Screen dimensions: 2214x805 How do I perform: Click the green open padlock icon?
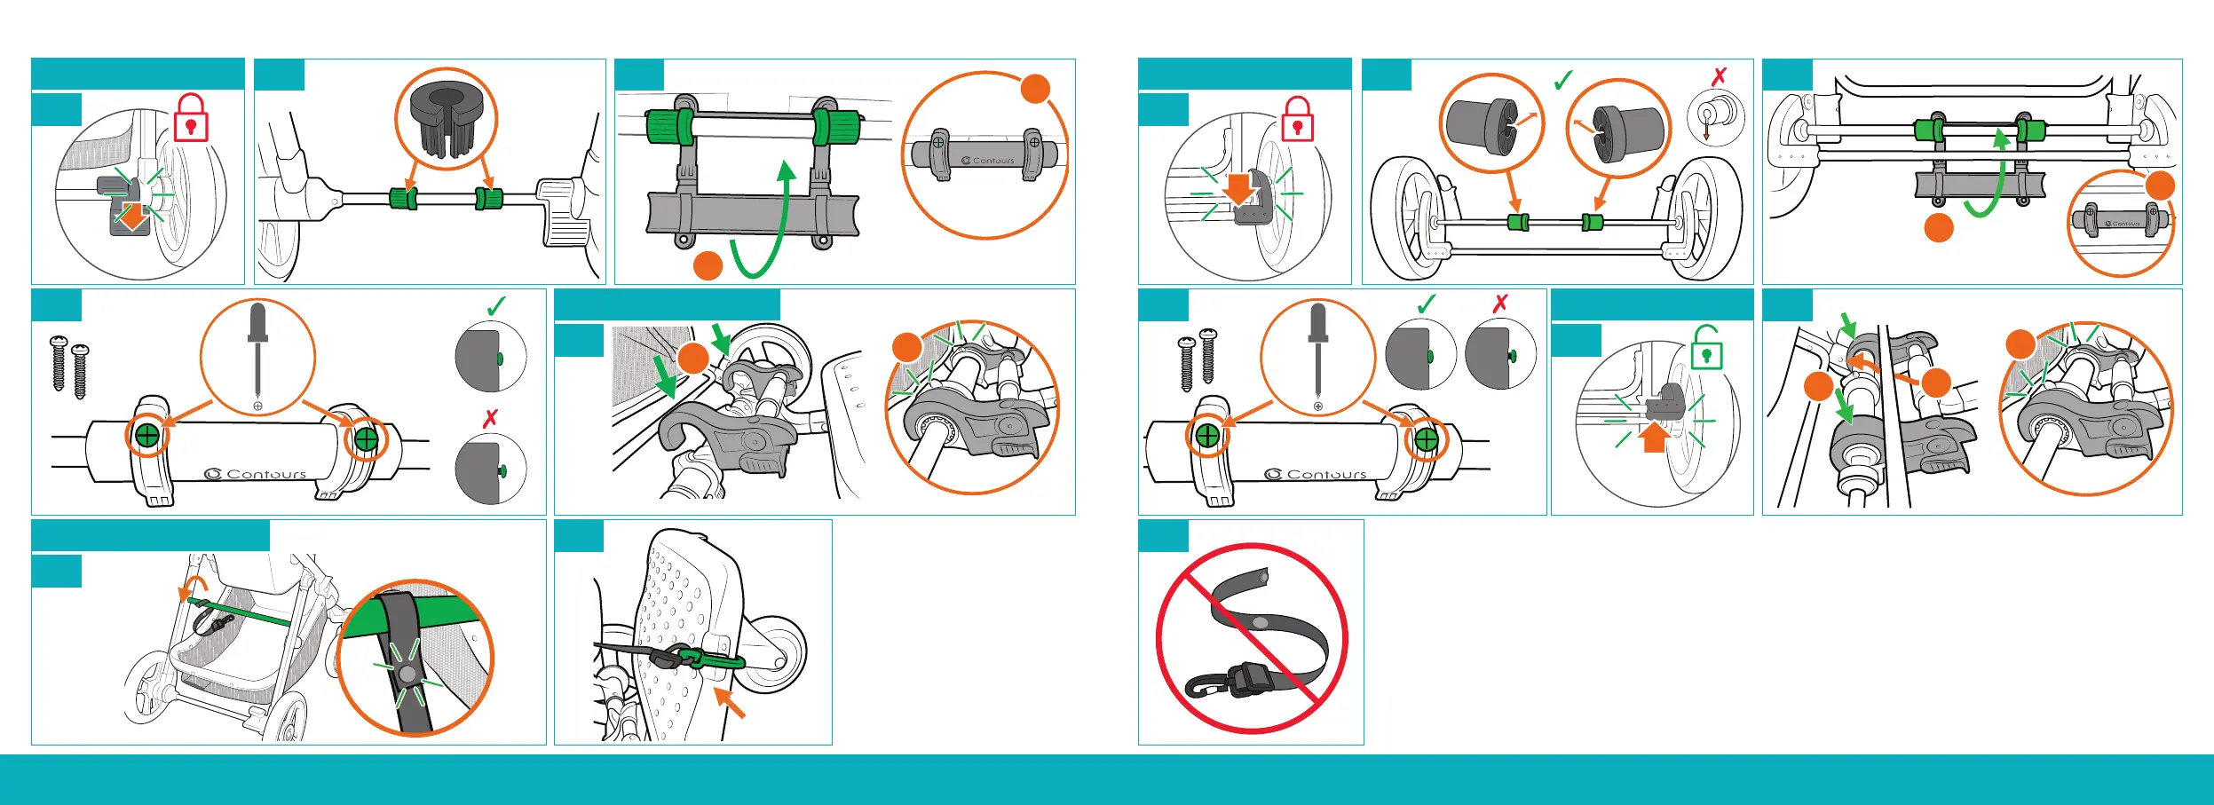pyautogui.click(x=1706, y=348)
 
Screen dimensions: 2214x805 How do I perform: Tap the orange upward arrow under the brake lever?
pyautogui.click(x=1654, y=438)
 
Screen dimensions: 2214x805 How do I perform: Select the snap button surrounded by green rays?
pyautogui.click(x=407, y=675)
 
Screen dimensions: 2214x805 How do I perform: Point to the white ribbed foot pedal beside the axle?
pyautogui.click(x=561, y=211)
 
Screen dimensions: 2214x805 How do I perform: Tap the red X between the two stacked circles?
pyautogui.click(x=490, y=418)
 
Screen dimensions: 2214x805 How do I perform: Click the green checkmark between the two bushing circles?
pyautogui.click(x=1563, y=81)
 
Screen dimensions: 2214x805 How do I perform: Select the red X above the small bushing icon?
pyautogui.click(x=1719, y=76)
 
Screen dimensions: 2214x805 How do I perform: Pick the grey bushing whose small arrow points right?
pyautogui.click(x=1483, y=123)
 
